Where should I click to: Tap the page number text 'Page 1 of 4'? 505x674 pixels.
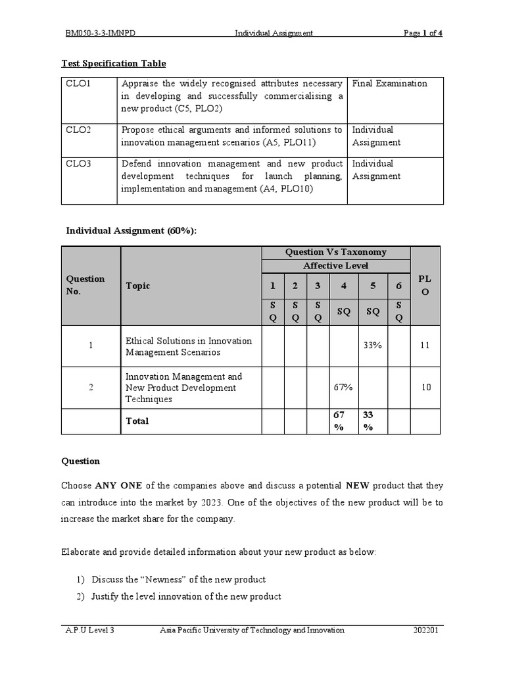click(x=423, y=33)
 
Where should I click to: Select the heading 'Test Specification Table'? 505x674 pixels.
click(x=113, y=63)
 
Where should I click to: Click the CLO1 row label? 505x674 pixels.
click(x=78, y=84)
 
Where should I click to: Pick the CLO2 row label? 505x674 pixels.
click(x=78, y=130)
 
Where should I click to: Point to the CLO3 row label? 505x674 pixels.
click(x=78, y=164)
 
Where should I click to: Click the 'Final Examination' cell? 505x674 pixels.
click(x=389, y=84)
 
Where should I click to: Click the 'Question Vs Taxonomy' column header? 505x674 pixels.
click(x=335, y=252)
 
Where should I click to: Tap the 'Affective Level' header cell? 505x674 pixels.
click(x=335, y=266)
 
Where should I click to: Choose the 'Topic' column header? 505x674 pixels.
click(x=138, y=286)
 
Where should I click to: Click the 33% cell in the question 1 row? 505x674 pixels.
click(x=372, y=345)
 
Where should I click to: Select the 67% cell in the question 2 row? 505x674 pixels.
click(x=343, y=387)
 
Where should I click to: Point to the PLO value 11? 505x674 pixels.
click(x=426, y=345)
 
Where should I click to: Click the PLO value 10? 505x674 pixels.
click(x=426, y=387)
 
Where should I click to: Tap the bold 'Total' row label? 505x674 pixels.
click(x=137, y=421)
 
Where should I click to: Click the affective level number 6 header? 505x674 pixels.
click(x=398, y=285)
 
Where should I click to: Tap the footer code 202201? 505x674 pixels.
click(x=427, y=630)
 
